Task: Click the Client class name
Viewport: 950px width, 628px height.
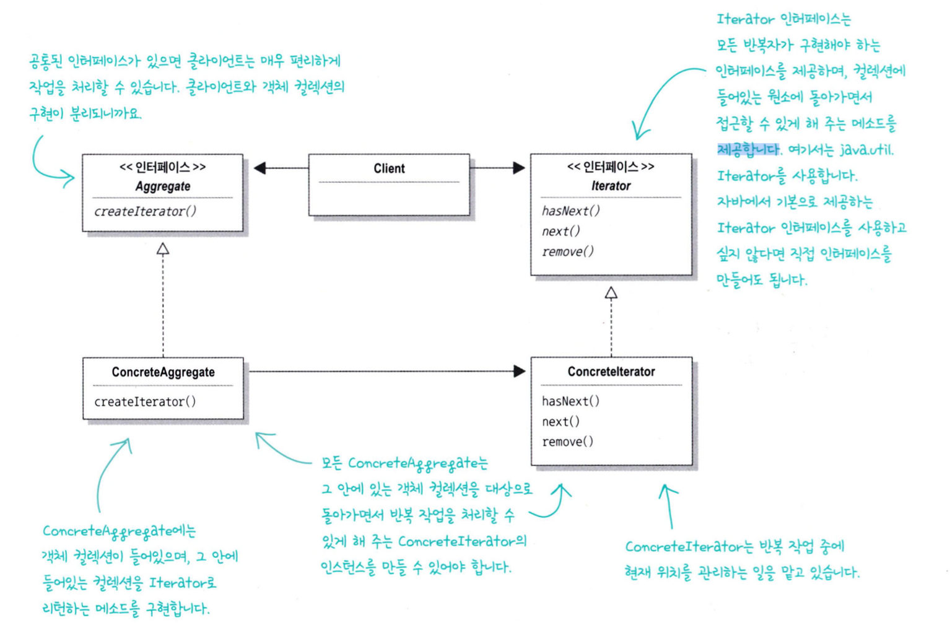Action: (389, 168)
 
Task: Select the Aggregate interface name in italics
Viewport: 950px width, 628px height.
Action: (163, 186)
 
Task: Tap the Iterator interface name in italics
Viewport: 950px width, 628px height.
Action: (611, 186)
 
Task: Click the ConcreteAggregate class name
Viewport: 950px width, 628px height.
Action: (163, 372)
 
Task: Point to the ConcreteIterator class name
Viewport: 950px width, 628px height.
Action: (611, 372)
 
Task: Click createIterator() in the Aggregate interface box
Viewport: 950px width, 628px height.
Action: (145, 212)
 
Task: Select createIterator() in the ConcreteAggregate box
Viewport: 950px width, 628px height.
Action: (145, 402)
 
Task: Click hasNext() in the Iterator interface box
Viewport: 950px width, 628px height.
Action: (570, 211)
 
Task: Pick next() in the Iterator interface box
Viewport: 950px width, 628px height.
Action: (560, 232)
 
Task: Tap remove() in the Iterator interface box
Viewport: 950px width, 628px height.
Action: (567, 252)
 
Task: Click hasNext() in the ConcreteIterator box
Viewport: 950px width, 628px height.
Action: (570, 401)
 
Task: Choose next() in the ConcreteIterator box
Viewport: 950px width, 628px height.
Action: (560, 422)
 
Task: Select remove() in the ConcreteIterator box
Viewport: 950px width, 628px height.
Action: (567, 442)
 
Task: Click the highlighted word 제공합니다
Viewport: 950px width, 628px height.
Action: (747, 150)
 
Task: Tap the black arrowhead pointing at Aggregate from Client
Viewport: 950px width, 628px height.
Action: (260, 168)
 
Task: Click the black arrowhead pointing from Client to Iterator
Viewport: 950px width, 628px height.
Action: (519, 168)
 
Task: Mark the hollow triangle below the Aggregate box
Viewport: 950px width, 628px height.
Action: (163, 249)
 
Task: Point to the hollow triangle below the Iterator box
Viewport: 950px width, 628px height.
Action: (611, 293)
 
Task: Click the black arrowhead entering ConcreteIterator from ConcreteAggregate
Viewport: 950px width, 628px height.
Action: (519, 372)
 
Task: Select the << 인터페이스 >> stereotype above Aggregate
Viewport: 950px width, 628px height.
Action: (162, 167)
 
